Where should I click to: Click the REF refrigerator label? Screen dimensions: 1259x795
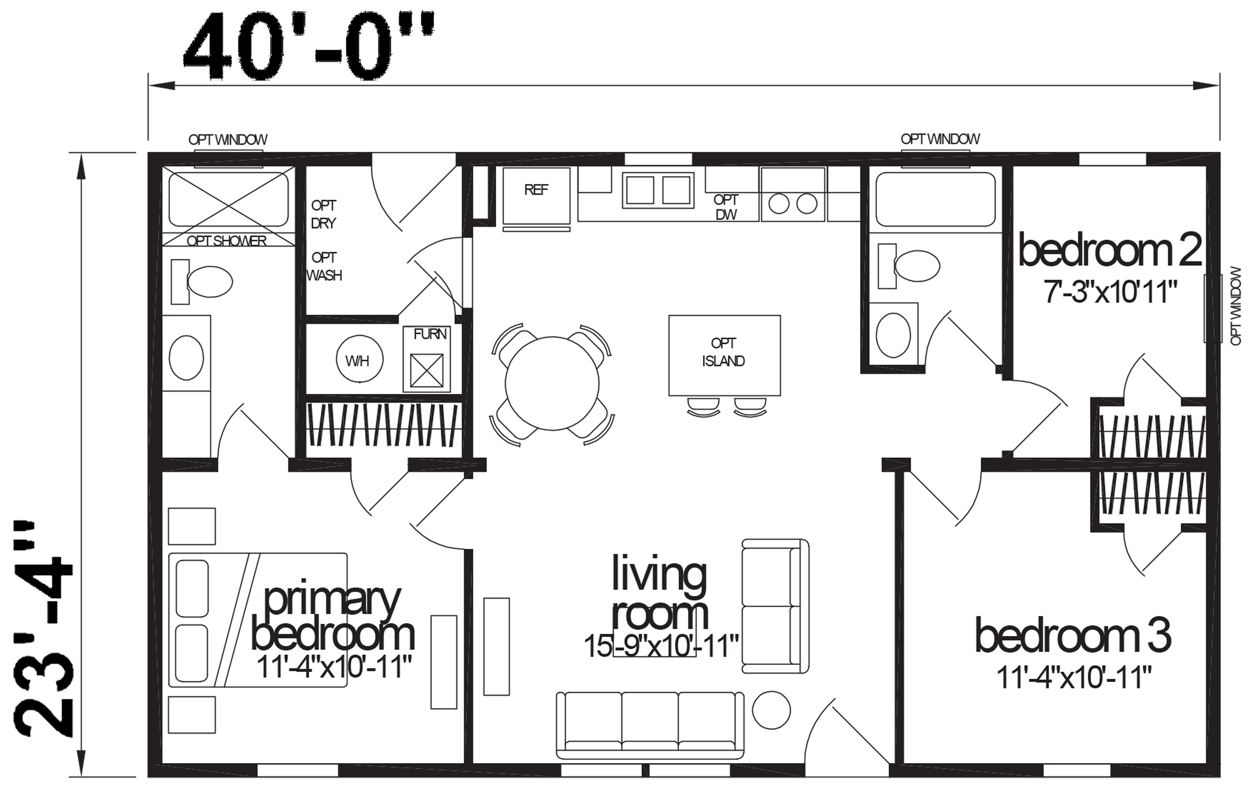pos(536,190)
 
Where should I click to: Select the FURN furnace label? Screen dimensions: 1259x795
pos(430,334)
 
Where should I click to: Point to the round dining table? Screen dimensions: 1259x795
pos(552,384)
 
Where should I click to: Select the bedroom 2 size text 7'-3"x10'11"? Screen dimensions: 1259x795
pos(1110,291)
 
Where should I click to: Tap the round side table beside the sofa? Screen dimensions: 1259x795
pos(771,710)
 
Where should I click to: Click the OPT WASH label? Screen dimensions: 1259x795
pos(324,266)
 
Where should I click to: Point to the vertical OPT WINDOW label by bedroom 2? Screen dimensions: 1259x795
pos(1236,306)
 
